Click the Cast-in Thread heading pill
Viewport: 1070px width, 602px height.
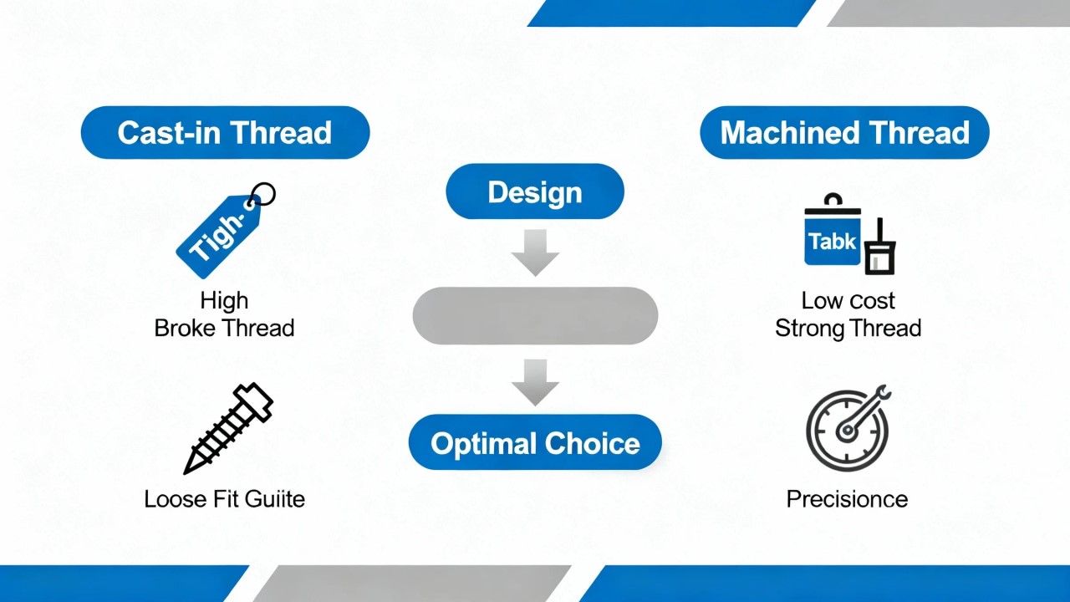225,133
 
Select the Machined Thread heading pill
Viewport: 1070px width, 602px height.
844,133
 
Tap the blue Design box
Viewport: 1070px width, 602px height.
535,192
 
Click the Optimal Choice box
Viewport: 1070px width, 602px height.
535,443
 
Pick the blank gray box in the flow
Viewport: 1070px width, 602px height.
535,316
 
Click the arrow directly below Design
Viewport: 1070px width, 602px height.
535,253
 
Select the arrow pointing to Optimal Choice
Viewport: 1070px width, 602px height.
535,381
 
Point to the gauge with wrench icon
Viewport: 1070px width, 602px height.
848,428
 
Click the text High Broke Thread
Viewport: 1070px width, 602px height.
224,314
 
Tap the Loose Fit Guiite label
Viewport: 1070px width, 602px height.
224,499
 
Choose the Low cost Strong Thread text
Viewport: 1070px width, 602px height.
848,314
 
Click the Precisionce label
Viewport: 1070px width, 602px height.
847,499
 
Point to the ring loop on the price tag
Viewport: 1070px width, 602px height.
262,195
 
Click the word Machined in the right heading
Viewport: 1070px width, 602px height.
782,133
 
